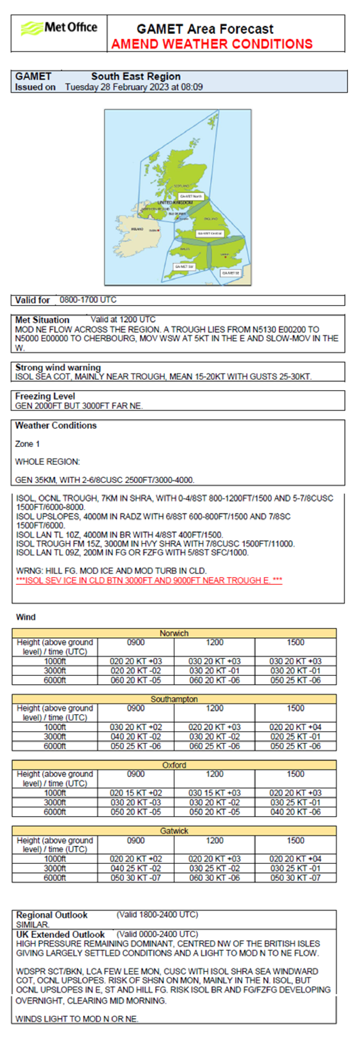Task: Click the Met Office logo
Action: pos(59,28)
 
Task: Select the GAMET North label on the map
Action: pos(191,196)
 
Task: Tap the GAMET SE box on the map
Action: pos(230,273)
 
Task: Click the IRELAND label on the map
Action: pos(137,229)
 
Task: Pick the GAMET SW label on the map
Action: pos(184,266)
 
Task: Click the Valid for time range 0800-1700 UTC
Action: pos(88,300)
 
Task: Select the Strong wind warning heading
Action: pos(58,367)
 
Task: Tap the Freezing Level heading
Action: pos(45,396)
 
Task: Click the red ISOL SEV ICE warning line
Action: pos(149,580)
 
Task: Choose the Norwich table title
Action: pos(174,633)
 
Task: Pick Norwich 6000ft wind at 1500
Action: pos(295,680)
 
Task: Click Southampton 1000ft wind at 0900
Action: pos(136,727)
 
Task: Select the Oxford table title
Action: pos(174,765)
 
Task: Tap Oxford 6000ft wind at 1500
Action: pos(295,811)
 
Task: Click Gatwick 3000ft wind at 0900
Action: pos(136,868)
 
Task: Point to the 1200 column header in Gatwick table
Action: pos(215,841)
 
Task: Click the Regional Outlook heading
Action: pos(52,915)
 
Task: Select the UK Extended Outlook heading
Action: pos(60,934)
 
